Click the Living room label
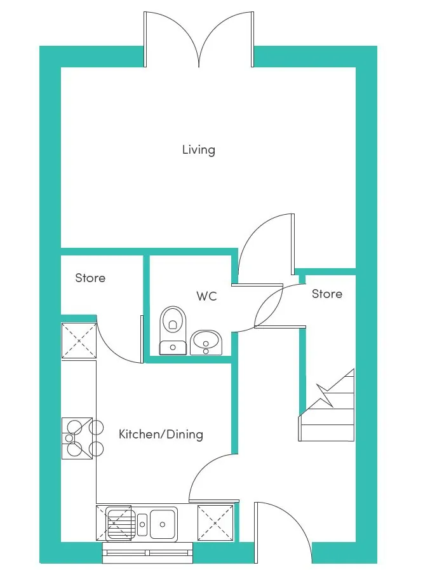(x=198, y=150)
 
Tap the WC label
(x=206, y=296)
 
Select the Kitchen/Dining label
(x=161, y=434)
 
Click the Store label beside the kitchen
(x=90, y=278)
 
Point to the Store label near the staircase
(x=326, y=294)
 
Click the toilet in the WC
(x=173, y=330)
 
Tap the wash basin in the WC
(x=206, y=343)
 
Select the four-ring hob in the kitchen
(x=82, y=438)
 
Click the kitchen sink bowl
(x=163, y=524)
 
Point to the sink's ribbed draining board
(x=120, y=524)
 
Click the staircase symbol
(x=326, y=405)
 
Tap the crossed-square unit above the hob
(x=79, y=341)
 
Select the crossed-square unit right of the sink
(x=215, y=523)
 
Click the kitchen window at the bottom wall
(x=148, y=553)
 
